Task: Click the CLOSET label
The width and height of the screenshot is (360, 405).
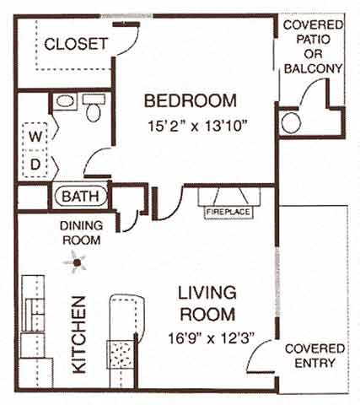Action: pyautogui.click(x=76, y=43)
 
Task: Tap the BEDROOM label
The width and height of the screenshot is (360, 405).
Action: pyautogui.click(x=190, y=100)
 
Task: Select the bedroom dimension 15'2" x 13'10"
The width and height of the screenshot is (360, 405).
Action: pyautogui.click(x=190, y=131)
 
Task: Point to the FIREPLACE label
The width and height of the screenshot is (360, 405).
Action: pyautogui.click(x=228, y=212)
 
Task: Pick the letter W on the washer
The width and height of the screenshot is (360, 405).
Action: pyautogui.click(x=35, y=136)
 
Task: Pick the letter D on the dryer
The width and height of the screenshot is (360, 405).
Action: pyautogui.click(x=35, y=164)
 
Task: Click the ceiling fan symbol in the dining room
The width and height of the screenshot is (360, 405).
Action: pyautogui.click(x=78, y=264)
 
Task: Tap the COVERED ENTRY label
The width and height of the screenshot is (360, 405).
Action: pyautogui.click(x=314, y=355)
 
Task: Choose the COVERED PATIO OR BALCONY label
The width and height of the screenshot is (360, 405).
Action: pyautogui.click(x=312, y=47)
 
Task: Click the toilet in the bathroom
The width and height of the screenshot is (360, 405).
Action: pyautogui.click(x=93, y=107)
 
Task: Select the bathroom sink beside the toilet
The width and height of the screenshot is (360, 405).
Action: pyautogui.click(x=66, y=102)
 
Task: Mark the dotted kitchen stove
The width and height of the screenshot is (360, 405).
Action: pyautogui.click(x=124, y=354)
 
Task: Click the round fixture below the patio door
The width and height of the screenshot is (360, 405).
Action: pyautogui.click(x=291, y=123)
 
